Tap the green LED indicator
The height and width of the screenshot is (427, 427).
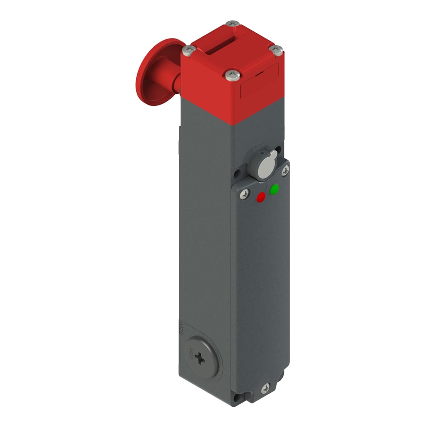tap(274, 189)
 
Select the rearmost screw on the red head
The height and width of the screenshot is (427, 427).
tap(232, 24)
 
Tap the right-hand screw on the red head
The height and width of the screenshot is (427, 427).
tap(277, 50)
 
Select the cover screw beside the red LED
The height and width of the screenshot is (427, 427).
tap(244, 194)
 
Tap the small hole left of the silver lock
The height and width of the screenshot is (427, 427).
tap(237, 175)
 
